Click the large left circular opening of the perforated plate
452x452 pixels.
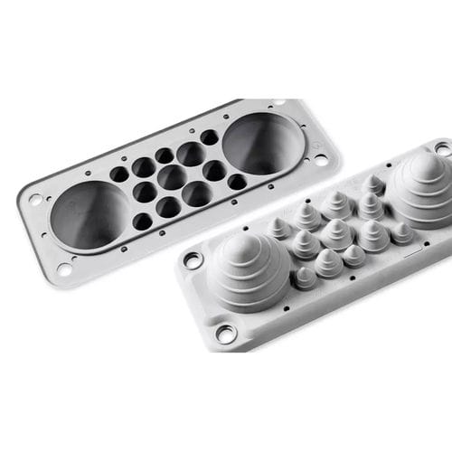89,215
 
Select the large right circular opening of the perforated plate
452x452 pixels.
262,143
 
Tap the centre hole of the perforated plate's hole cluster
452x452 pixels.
172,176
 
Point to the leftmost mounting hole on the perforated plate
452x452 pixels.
35,199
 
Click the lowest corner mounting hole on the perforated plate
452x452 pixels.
64,268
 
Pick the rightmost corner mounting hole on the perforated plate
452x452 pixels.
321,159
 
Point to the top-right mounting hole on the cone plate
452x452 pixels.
442,147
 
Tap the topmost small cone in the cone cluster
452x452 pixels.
372,183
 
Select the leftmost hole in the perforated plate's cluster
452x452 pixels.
119,174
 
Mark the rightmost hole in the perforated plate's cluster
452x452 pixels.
237,182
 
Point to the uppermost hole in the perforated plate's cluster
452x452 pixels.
209,137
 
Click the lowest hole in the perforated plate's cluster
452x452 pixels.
143,221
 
